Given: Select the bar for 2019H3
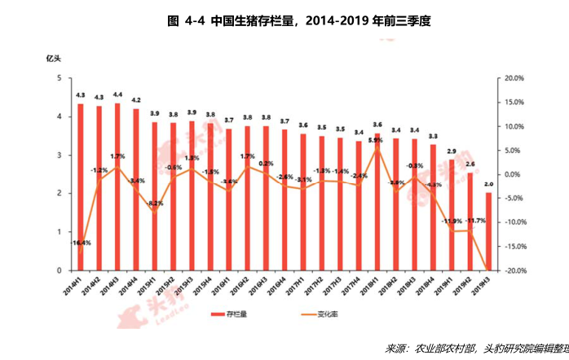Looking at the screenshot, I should [x=487, y=231].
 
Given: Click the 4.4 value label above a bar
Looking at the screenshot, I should [x=117, y=94].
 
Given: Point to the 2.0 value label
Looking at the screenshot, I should [x=488, y=184].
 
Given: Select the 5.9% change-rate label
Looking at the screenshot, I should [x=376, y=140].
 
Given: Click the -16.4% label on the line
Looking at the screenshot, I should [x=80, y=243].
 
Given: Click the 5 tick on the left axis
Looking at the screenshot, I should [x=58, y=78].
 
